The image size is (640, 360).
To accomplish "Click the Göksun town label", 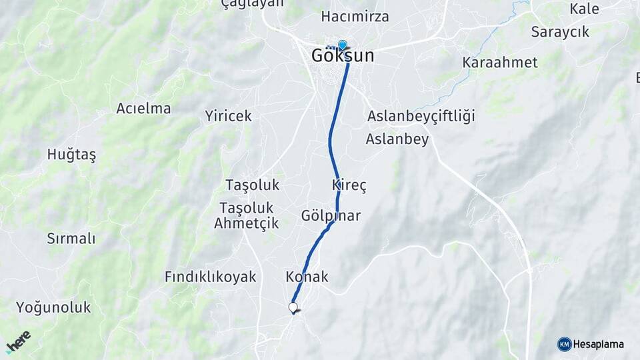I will [343, 57].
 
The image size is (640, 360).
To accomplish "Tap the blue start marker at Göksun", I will [343, 45].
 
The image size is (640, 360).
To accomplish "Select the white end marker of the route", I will [293, 307].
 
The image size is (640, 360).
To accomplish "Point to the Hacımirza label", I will [355, 16].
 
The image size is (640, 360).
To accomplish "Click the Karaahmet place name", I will [500, 63].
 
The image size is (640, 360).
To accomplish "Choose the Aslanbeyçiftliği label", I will [421, 117].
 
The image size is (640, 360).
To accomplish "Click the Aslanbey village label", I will [397, 139].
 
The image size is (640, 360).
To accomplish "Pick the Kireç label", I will [349, 185].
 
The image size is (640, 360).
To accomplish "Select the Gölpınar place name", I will [331, 215].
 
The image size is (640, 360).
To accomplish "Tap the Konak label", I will [307, 277].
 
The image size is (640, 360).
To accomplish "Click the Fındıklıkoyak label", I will [211, 277].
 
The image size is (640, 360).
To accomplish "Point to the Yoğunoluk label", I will [53, 307].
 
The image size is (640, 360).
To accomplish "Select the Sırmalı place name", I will [71, 238].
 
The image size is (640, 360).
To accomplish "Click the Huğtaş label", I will [71, 155].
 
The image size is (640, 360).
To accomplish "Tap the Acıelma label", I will [143, 108].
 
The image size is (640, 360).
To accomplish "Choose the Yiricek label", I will [229, 116].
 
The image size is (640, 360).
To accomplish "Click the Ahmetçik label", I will [246, 223].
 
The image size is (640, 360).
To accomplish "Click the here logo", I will [19, 341].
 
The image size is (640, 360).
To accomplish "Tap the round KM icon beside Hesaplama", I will [564, 344].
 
